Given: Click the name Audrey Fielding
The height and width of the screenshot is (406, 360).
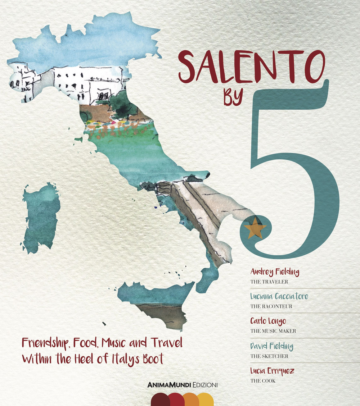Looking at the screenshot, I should [274, 272].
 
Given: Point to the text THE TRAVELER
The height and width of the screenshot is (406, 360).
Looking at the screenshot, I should [269, 282].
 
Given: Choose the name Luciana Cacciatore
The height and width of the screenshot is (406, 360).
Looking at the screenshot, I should [279, 297].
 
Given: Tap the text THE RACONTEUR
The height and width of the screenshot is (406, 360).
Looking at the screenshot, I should [271, 306].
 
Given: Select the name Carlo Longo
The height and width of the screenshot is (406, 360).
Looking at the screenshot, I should [268, 321].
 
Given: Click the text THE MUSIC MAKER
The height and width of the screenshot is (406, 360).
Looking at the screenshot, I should [273, 331].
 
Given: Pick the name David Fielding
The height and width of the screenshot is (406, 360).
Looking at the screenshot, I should [271, 346].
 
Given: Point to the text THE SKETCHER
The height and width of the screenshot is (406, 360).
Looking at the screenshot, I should [269, 356].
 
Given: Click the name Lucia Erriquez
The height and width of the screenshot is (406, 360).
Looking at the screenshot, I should [272, 371].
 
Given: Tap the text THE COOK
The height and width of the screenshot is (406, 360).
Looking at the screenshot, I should [263, 380].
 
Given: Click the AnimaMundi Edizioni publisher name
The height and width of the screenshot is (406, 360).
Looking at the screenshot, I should [183, 385].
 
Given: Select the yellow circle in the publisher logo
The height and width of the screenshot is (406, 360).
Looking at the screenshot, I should [206, 400].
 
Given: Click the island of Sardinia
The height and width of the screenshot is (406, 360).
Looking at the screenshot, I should [41, 218].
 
